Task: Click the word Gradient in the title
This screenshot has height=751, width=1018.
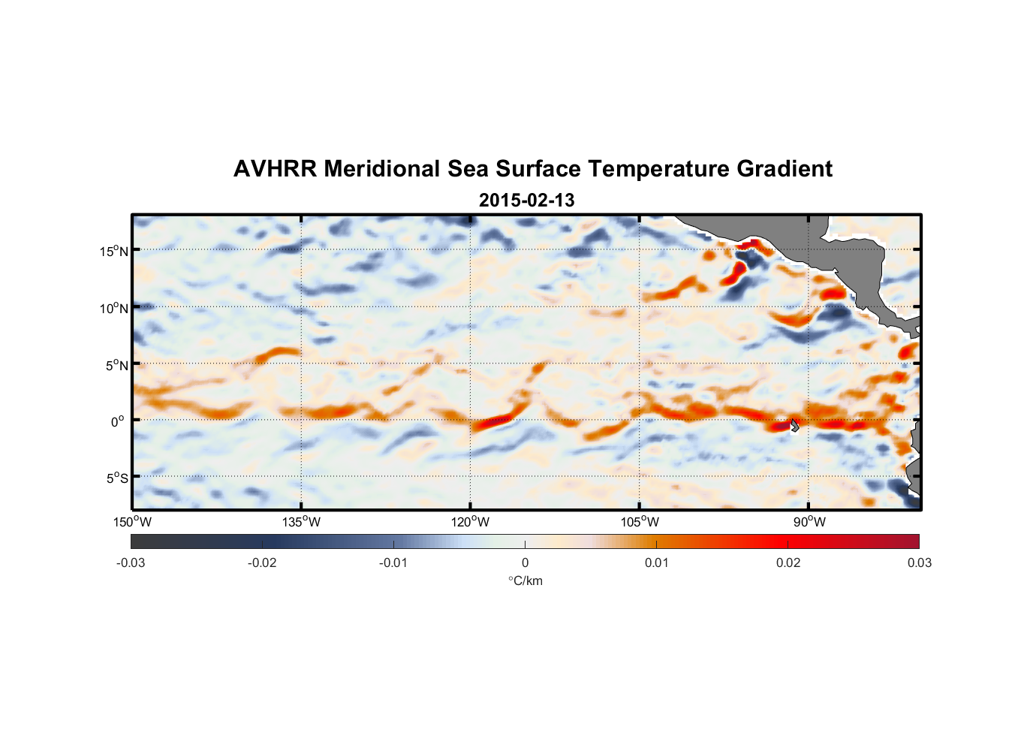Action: pos(785,169)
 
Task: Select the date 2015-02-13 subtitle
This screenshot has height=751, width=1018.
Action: pos(526,201)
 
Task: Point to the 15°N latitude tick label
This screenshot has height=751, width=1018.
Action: pos(114,252)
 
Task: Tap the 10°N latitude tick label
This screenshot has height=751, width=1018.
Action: pos(114,309)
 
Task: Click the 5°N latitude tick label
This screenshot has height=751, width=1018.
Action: pos(116,366)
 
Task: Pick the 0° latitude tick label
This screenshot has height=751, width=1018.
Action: pos(118,422)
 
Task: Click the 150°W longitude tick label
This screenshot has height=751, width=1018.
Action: pos(133,522)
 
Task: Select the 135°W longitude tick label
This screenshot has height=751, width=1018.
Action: pos(302,522)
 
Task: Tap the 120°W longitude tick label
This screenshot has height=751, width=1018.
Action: pos(471,522)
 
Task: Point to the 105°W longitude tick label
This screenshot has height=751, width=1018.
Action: pos(640,522)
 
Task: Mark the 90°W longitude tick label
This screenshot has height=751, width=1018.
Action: pos(809,522)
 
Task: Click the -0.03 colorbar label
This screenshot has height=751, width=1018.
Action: pos(131,562)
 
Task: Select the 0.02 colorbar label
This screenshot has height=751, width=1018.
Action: pos(788,562)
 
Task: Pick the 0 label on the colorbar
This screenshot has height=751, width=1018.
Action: pos(525,562)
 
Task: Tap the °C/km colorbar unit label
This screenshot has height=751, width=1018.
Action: pos(526,581)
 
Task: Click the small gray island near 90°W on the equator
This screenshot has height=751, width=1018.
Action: pos(794,425)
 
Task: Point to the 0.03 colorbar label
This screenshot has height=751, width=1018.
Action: pos(919,562)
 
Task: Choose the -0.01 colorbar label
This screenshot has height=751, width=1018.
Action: pos(393,562)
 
